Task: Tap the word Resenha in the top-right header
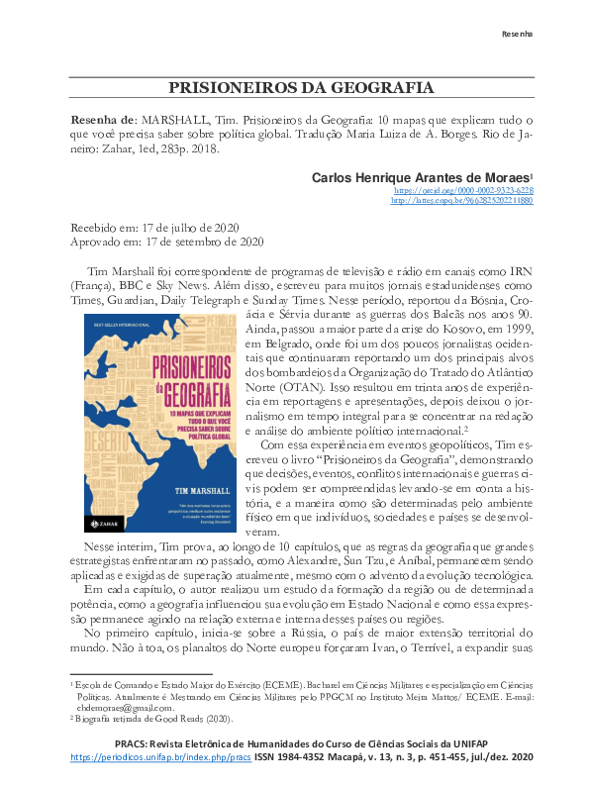click(x=516, y=34)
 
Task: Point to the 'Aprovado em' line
click(x=165, y=241)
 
